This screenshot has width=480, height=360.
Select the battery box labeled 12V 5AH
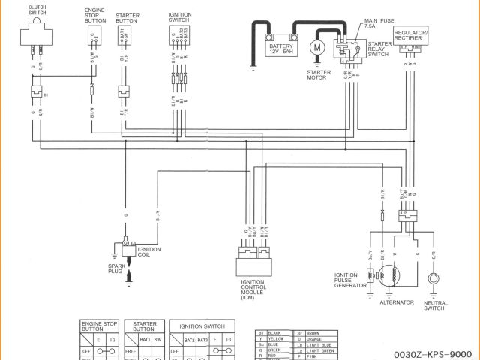tap(284, 47)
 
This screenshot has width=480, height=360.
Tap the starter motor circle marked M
tap(317, 47)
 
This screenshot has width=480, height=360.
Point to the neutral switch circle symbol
tap(433, 280)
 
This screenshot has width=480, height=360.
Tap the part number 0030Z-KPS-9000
tap(436, 353)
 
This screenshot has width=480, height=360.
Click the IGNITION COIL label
tap(148, 251)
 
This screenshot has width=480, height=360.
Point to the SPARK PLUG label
tap(116, 268)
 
